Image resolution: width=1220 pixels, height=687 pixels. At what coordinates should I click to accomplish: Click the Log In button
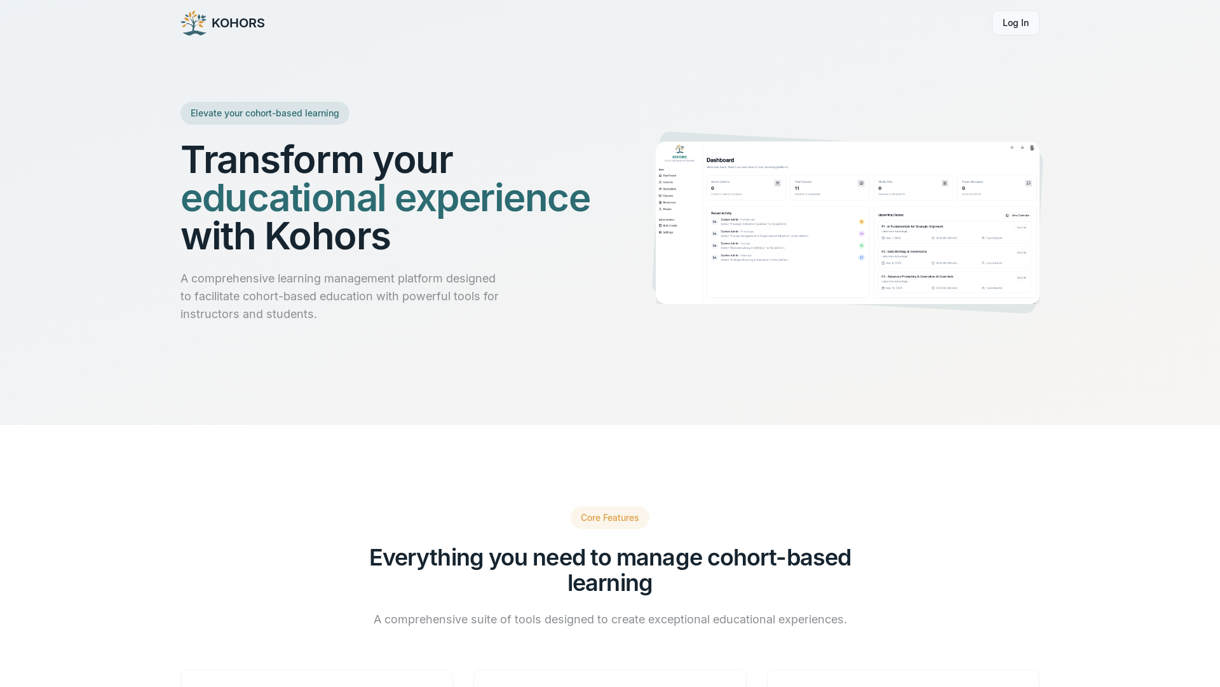[1015, 23]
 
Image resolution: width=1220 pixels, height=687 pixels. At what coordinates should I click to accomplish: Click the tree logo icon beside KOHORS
[194, 23]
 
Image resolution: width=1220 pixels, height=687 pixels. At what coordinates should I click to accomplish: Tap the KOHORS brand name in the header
[238, 23]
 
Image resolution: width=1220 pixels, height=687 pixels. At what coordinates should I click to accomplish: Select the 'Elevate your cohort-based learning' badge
[264, 113]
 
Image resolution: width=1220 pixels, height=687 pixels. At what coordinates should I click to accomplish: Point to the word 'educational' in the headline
[283, 198]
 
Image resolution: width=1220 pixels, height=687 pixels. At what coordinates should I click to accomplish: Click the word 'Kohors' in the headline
[327, 236]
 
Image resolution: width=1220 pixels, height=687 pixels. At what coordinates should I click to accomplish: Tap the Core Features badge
[609, 518]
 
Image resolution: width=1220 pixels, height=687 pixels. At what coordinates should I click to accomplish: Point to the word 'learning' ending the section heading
[609, 583]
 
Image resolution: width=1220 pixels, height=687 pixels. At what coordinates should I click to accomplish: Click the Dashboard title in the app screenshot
[720, 160]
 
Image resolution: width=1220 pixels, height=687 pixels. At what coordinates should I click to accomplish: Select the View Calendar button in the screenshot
[1017, 216]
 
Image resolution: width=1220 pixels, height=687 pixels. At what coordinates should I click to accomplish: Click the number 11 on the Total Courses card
[797, 188]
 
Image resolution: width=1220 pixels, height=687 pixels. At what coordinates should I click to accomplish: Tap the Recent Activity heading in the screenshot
[721, 213]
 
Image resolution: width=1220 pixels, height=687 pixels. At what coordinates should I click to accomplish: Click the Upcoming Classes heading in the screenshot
[891, 215]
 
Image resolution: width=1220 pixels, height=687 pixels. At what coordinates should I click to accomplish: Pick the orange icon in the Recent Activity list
[862, 222]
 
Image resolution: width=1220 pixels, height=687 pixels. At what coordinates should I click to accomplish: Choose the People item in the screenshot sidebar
[667, 209]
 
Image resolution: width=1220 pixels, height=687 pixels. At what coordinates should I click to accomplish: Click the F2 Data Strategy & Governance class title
[904, 251]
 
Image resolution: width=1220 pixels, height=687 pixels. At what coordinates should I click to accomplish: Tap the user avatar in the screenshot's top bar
[1032, 148]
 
